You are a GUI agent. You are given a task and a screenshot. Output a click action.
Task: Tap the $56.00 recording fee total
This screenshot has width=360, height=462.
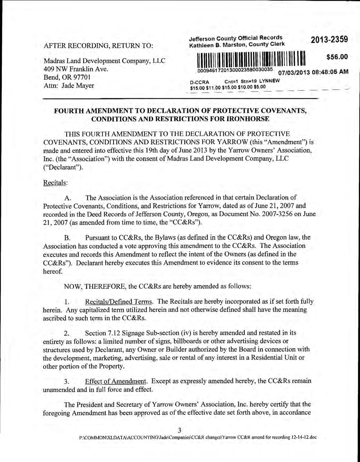(x=337, y=57)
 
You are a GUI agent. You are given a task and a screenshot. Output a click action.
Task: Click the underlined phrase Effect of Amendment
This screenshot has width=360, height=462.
(x=116, y=381)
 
